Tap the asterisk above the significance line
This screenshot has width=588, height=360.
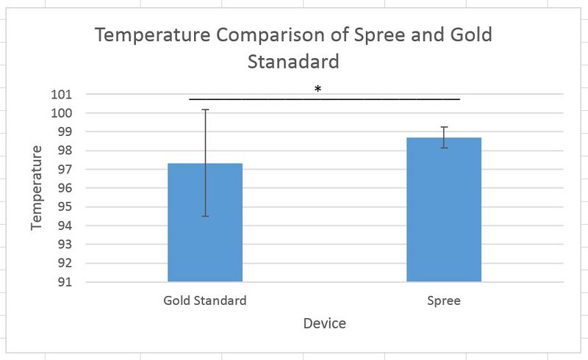point(318,89)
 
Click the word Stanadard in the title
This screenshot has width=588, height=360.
point(293,62)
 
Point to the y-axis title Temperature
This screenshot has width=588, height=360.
point(37,188)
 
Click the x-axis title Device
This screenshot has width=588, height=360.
point(324,323)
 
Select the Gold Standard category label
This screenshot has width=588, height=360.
point(205,300)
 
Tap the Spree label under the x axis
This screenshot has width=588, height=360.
point(444,300)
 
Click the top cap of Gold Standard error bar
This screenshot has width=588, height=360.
point(206,109)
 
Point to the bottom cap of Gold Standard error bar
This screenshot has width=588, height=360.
point(206,216)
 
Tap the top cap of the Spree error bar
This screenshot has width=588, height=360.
point(444,127)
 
